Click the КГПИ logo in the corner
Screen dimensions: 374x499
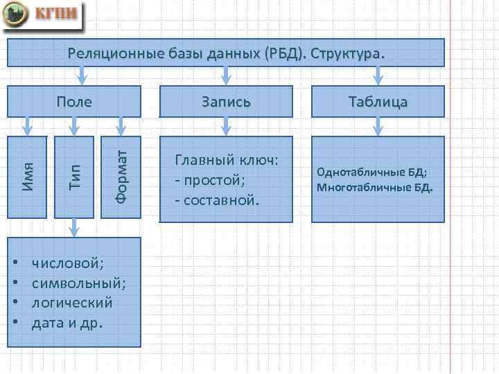click(x=43, y=15)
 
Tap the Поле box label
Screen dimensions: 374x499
click(x=74, y=102)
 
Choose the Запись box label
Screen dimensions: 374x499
click(x=225, y=102)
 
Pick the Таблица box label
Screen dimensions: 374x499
click(x=378, y=102)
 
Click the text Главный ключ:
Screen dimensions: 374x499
click(x=227, y=160)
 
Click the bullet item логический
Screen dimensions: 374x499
click(x=72, y=303)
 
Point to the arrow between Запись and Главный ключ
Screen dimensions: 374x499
click(x=225, y=125)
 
